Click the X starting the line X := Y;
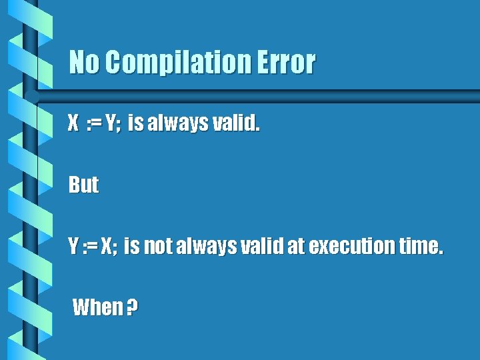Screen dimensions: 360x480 [73, 123]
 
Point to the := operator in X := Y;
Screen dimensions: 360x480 [94, 123]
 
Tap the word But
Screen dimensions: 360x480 [84, 185]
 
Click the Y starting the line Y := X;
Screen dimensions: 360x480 [73, 247]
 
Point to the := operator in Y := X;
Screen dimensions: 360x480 [90, 247]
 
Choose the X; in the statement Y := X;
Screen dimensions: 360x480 [109, 247]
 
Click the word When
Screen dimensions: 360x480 [97, 308]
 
